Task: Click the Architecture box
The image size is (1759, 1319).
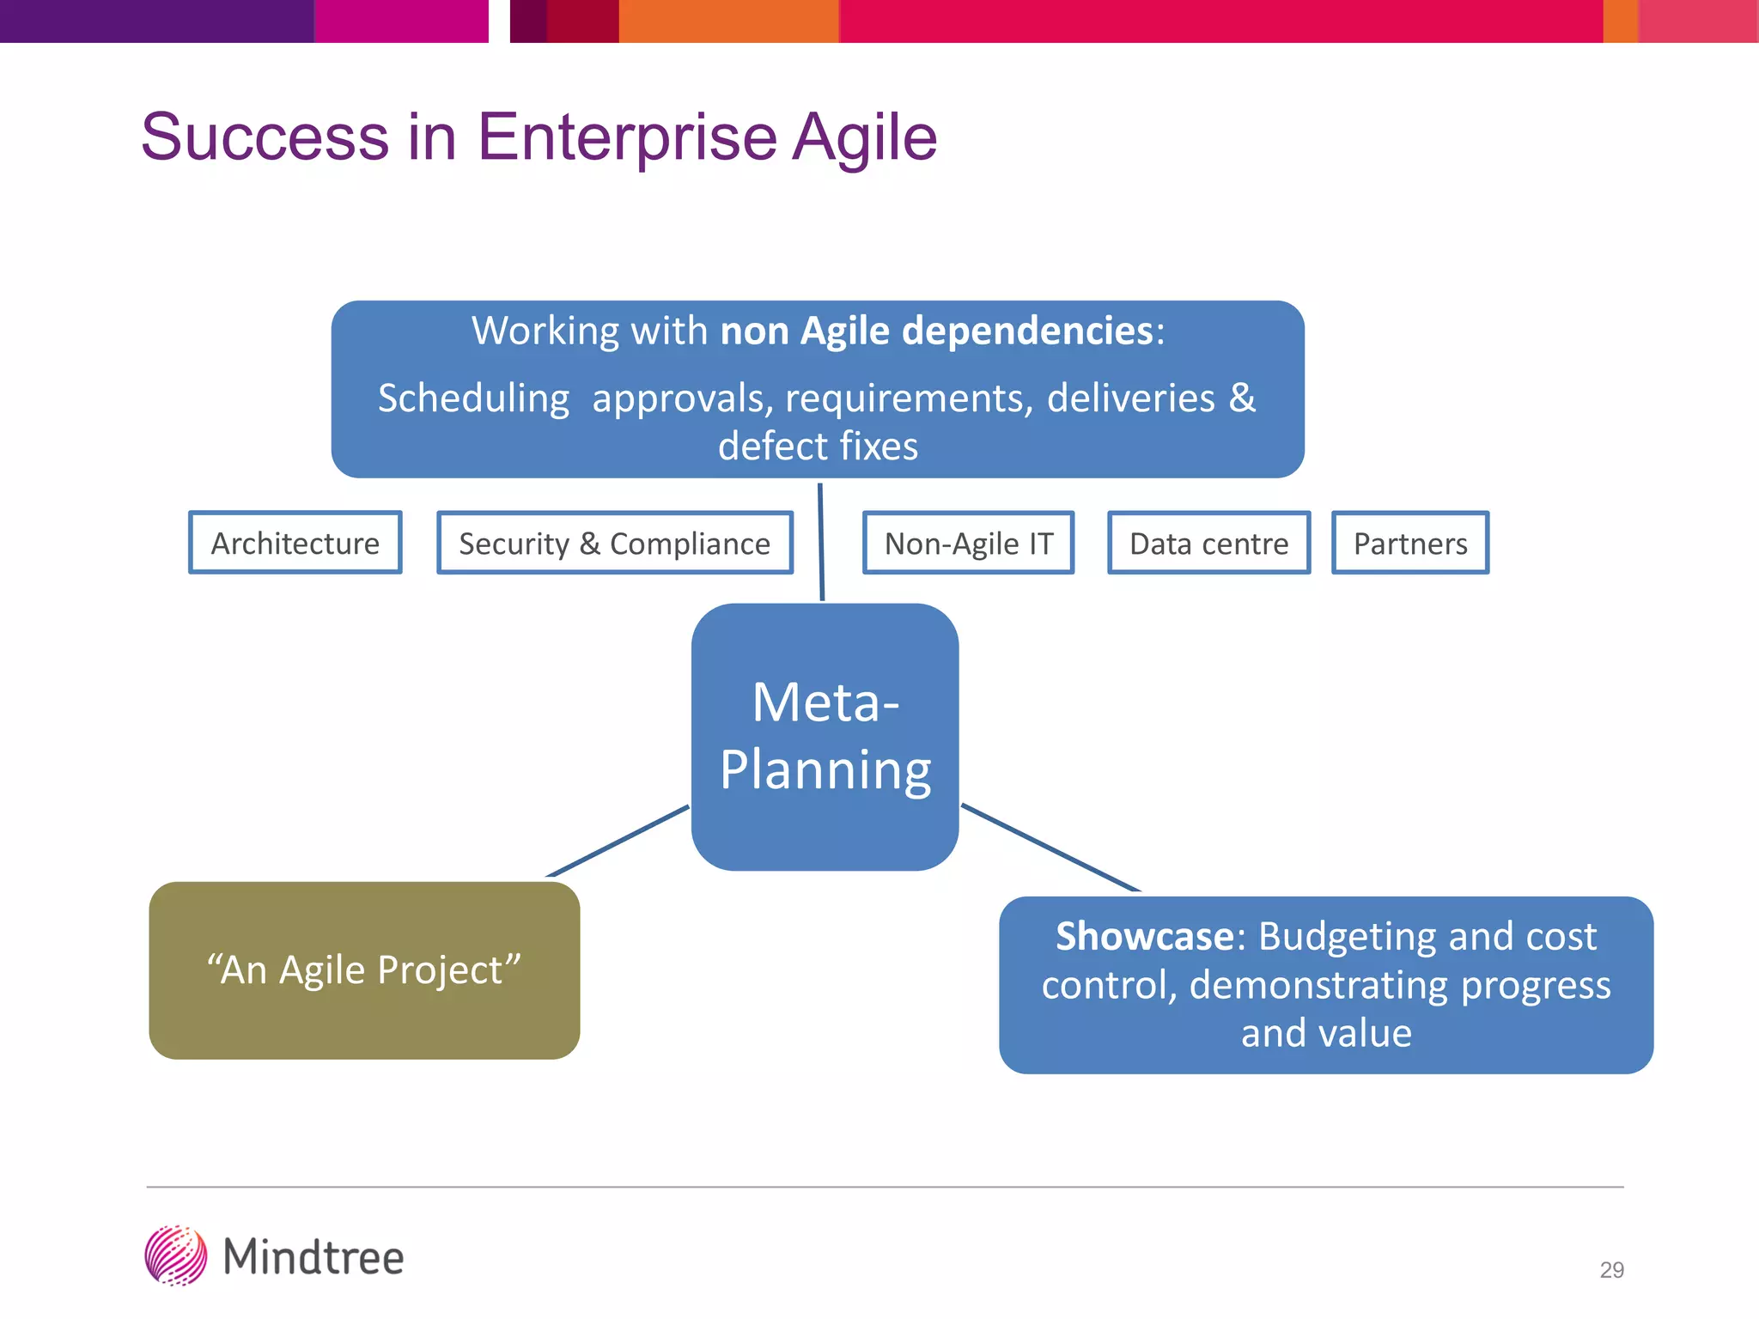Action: coord(295,543)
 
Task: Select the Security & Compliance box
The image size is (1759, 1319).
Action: coord(614,543)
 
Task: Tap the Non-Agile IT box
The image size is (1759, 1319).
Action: coord(968,543)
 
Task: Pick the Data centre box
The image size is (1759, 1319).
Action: coord(1208,543)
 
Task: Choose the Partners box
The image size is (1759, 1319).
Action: coord(1409,543)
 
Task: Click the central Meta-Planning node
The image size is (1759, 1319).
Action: coord(825,736)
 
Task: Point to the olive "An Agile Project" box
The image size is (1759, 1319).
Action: coord(364,969)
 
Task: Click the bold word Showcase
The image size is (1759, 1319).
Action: coord(1145,936)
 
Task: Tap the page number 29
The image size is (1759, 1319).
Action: coord(1611,1269)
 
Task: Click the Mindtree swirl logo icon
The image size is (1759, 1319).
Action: coord(176,1255)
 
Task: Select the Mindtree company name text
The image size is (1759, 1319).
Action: coord(313,1257)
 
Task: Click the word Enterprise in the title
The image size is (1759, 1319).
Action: coord(626,137)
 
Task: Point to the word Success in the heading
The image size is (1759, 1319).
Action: coord(265,137)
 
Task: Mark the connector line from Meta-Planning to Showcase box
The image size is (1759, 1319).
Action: coord(1050,848)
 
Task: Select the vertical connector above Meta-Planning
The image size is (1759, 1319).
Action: coord(821,541)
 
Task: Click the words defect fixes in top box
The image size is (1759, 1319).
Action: coord(818,447)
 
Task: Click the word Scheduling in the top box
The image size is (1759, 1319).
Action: coord(473,398)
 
